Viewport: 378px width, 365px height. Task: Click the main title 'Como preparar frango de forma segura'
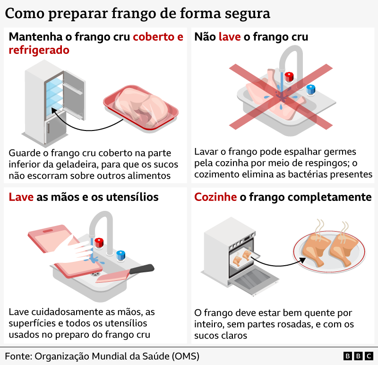(x=137, y=13)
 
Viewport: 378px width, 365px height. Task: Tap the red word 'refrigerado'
(x=39, y=50)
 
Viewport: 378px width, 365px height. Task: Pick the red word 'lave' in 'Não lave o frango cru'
(x=230, y=37)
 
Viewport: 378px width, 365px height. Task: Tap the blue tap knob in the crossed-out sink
(x=310, y=89)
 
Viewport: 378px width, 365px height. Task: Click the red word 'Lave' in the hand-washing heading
(x=21, y=197)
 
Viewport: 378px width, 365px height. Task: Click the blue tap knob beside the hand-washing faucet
(x=121, y=255)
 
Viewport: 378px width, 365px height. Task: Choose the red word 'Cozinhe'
(x=215, y=197)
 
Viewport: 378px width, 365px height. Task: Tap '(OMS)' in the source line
(x=184, y=356)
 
